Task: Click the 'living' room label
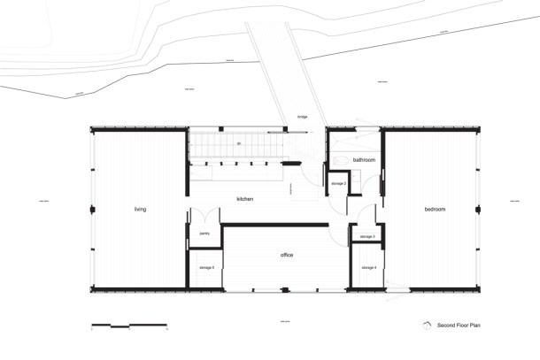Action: (140, 210)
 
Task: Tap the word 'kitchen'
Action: (245, 199)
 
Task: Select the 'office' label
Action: (287, 256)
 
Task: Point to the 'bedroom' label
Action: (434, 210)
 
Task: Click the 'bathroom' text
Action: (364, 160)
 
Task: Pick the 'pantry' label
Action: (204, 234)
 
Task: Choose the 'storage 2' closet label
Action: (338, 183)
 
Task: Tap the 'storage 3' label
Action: (366, 237)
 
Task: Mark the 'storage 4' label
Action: (368, 267)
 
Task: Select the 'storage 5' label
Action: (207, 267)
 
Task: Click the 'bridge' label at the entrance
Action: (303, 117)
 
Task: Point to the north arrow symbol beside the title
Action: (427, 325)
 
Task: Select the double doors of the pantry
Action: (204, 217)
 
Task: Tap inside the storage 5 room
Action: (204, 274)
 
